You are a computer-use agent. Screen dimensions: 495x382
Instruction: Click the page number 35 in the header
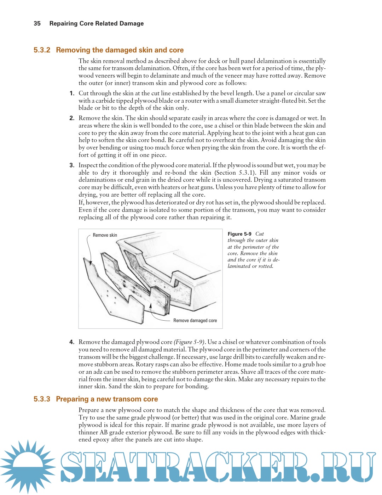pos(37,23)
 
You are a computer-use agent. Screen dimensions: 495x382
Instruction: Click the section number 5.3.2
pos(42,50)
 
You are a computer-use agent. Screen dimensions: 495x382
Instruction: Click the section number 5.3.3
pos(42,399)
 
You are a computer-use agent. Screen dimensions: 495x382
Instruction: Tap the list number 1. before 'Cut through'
pos(72,93)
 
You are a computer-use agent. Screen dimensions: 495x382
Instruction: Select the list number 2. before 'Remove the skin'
pos(72,118)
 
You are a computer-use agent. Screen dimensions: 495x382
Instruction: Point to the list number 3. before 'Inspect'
pos(72,165)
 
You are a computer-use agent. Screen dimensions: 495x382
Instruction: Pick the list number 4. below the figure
pos(72,342)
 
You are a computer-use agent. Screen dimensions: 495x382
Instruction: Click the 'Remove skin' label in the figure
pos(105,235)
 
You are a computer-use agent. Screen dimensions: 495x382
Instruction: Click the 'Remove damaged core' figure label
pos(195,320)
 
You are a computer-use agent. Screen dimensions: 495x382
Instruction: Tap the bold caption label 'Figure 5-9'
pos(239,234)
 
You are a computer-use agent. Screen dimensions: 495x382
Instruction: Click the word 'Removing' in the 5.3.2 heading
pos(73,50)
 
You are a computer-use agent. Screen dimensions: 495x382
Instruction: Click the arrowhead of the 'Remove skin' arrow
pos(91,264)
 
